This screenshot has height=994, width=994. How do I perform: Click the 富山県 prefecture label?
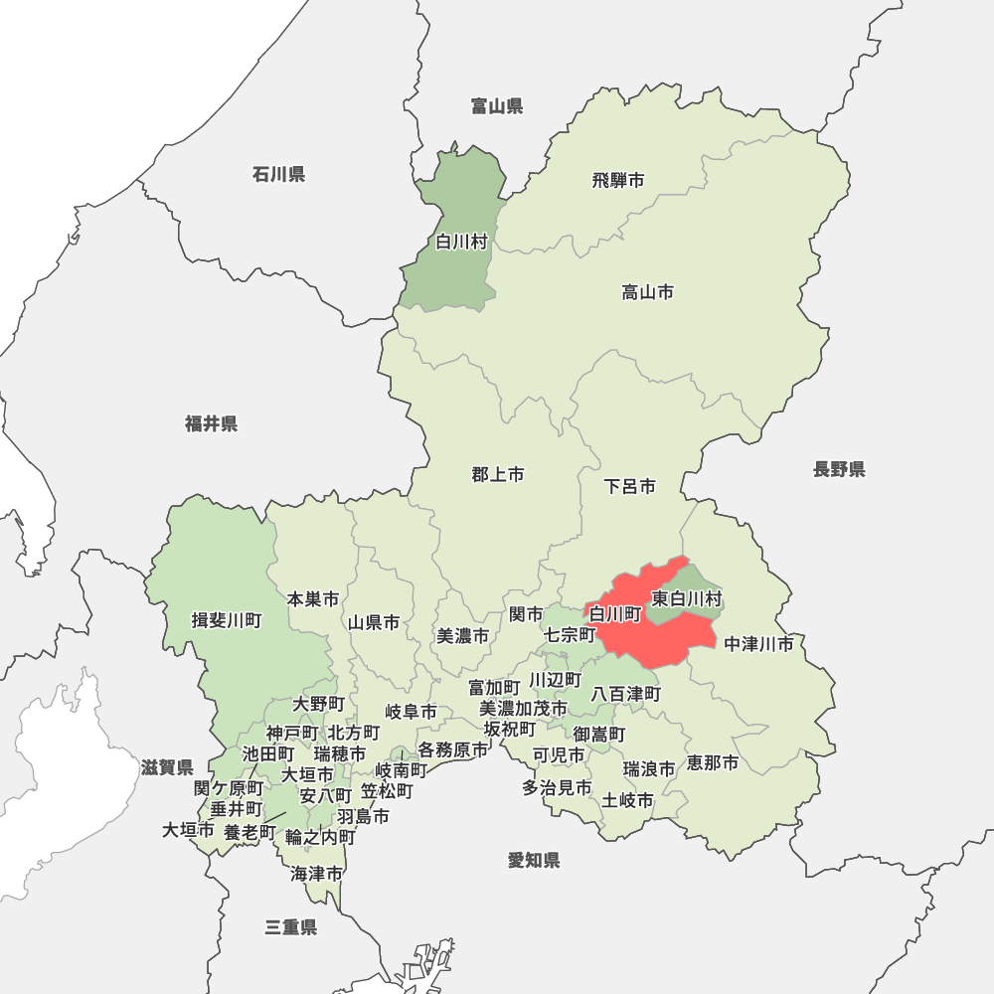497,106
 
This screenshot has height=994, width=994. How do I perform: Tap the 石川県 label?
278,175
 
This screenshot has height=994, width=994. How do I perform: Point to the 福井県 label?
211,424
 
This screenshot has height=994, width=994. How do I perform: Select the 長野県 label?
839,469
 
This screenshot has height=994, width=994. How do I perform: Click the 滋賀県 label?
166,767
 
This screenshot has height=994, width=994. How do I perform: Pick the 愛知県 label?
534,861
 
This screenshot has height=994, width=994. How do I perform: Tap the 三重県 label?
290,928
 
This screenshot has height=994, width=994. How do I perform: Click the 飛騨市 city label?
618,181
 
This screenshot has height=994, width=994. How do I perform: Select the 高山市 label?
648,292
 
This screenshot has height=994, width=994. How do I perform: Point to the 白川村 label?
461,242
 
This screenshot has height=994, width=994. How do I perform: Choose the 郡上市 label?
498,475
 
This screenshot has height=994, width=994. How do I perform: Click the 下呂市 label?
630,487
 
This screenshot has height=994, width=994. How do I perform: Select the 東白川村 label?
687,599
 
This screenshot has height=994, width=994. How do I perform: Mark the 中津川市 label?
759,644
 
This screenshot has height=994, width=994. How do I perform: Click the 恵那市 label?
713,763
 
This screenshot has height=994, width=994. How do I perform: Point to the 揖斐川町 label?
227,621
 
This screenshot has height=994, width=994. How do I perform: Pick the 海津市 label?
317,875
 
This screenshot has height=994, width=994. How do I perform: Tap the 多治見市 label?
558,788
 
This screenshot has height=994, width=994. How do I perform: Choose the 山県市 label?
374,623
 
